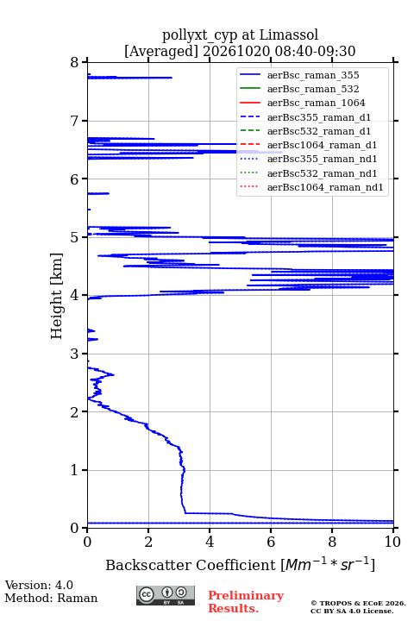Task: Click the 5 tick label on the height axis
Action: (x=75, y=237)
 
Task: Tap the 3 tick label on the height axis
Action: (x=75, y=354)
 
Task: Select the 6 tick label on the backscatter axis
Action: (x=271, y=542)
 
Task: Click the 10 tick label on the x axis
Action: (x=393, y=542)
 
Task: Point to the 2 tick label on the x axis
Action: (x=148, y=542)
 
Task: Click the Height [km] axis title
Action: (x=57, y=296)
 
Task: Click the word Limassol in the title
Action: (x=288, y=34)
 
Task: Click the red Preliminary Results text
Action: (x=246, y=602)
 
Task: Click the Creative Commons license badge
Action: (x=166, y=595)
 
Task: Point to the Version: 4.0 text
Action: (x=39, y=585)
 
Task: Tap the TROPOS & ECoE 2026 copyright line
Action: (x=358, y=603)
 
